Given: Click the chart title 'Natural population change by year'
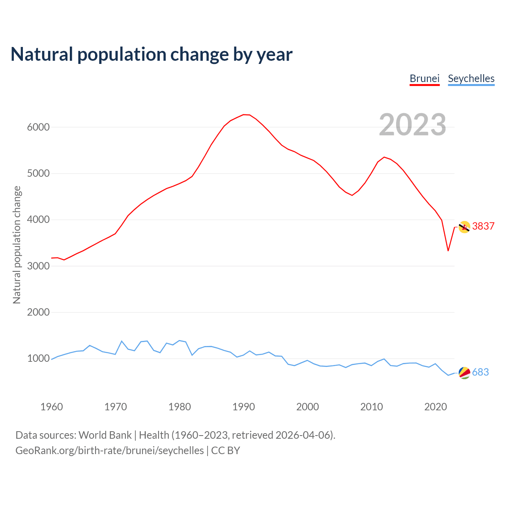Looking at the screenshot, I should pos(151,54).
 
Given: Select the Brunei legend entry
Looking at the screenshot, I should pos(425,79).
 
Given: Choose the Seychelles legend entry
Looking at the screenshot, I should pos(471,79).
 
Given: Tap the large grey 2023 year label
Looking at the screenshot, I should pos(412,125).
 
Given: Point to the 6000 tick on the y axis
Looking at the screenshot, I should pos(38,127).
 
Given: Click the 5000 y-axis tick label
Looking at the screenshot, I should pos(38,173).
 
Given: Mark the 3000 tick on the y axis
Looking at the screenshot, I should pos(38,266).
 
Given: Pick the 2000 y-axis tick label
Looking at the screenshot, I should pos(38,312).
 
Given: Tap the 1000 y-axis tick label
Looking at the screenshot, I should pos(38,359).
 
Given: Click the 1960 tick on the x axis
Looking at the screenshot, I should pos(52,407).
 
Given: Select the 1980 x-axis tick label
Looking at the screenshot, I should pos(180,407).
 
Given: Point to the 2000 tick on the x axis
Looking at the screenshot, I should pos(307,407).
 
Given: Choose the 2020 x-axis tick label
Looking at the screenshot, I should pos(435,407).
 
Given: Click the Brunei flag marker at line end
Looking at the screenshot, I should pos(464,227).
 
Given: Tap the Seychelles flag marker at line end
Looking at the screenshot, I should pos(464,373).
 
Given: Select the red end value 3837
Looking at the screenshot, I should pos(483,226).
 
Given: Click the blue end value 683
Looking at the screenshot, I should pos(481,372).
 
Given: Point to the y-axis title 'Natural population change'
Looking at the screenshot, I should pos(17,245).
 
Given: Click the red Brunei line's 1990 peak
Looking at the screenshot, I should pos(244,114).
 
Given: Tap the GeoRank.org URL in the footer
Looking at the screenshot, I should pos(110,450).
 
